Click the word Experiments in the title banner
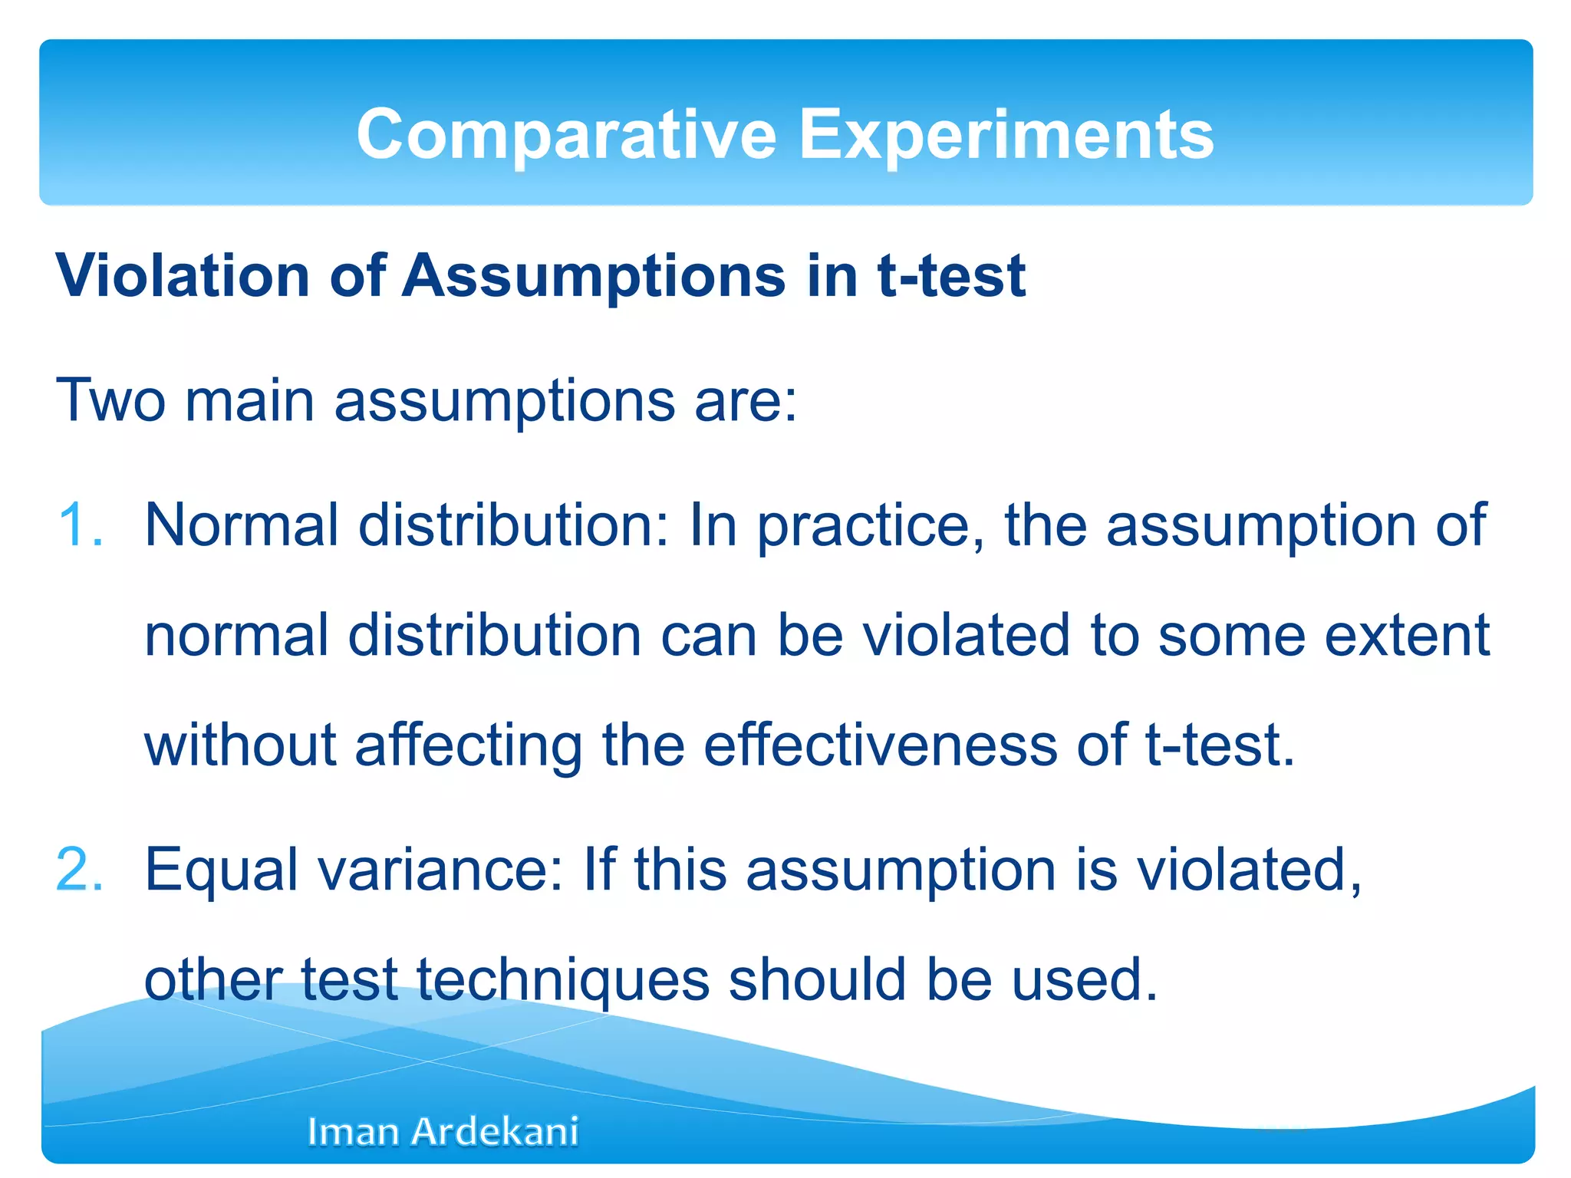point(1006,134)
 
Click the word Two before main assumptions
point(110,400)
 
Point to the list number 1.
point(80,525)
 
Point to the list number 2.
point(80,870)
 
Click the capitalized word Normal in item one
point(241,525)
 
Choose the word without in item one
point(240,745)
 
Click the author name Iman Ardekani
point(443,1131)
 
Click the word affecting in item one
point(468,745)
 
